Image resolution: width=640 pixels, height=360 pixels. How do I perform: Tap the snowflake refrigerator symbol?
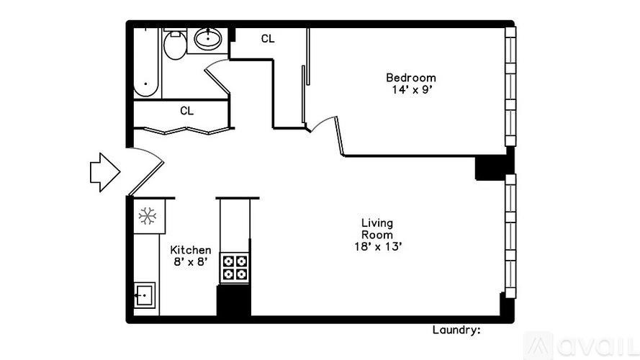point(148,215)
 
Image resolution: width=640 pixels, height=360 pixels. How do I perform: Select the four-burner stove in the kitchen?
point(233,267)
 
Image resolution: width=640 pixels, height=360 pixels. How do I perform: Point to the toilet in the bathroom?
point(174,46)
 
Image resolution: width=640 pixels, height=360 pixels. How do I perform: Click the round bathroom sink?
point(209,39)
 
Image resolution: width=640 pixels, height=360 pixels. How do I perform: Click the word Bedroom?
point(410,78)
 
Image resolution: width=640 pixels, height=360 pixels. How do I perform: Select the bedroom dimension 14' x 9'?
point(410,91)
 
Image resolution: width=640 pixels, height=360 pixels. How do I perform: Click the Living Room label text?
point(377,229)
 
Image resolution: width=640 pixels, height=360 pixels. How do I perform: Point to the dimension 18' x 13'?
point(377,247)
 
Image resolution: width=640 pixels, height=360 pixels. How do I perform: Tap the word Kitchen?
point(190,250)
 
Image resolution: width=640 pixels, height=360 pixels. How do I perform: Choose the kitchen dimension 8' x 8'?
point(190,262)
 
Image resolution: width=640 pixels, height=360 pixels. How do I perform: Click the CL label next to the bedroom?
point(267,39)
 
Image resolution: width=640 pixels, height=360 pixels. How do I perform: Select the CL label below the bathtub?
point(186,111)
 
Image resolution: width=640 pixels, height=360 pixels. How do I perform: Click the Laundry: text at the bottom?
point(456,330)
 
